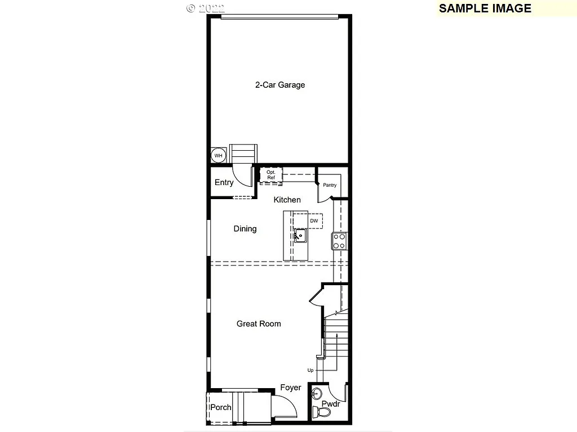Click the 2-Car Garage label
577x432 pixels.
click(x=280, y=85)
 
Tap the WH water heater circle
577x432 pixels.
click(x=218, y=155)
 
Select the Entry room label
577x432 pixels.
click(x=224, y=182)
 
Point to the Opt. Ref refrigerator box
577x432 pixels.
click(x=271, y=174)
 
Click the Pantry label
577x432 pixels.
click(x=330, y=185)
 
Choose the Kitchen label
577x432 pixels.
click(x=287, y=200)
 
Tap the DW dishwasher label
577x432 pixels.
click(x=314, y=220)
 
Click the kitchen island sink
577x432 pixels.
click(x=299, y=236)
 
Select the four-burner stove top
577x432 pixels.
click(x=339, y=241)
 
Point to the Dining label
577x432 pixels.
click(x=245, y=228)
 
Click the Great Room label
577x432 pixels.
click(x=259, y=323)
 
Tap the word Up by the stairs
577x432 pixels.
click(x=310, y=370)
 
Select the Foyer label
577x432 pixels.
click(x=291, y=388)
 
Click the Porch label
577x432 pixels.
click(x=221, y=407)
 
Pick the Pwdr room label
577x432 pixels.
click(x=330, y=404)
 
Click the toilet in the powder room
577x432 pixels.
click(x=323, y=412)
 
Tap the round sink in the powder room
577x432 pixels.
click(x=316, y=392)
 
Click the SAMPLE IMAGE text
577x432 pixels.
click(x=485, y=8)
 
